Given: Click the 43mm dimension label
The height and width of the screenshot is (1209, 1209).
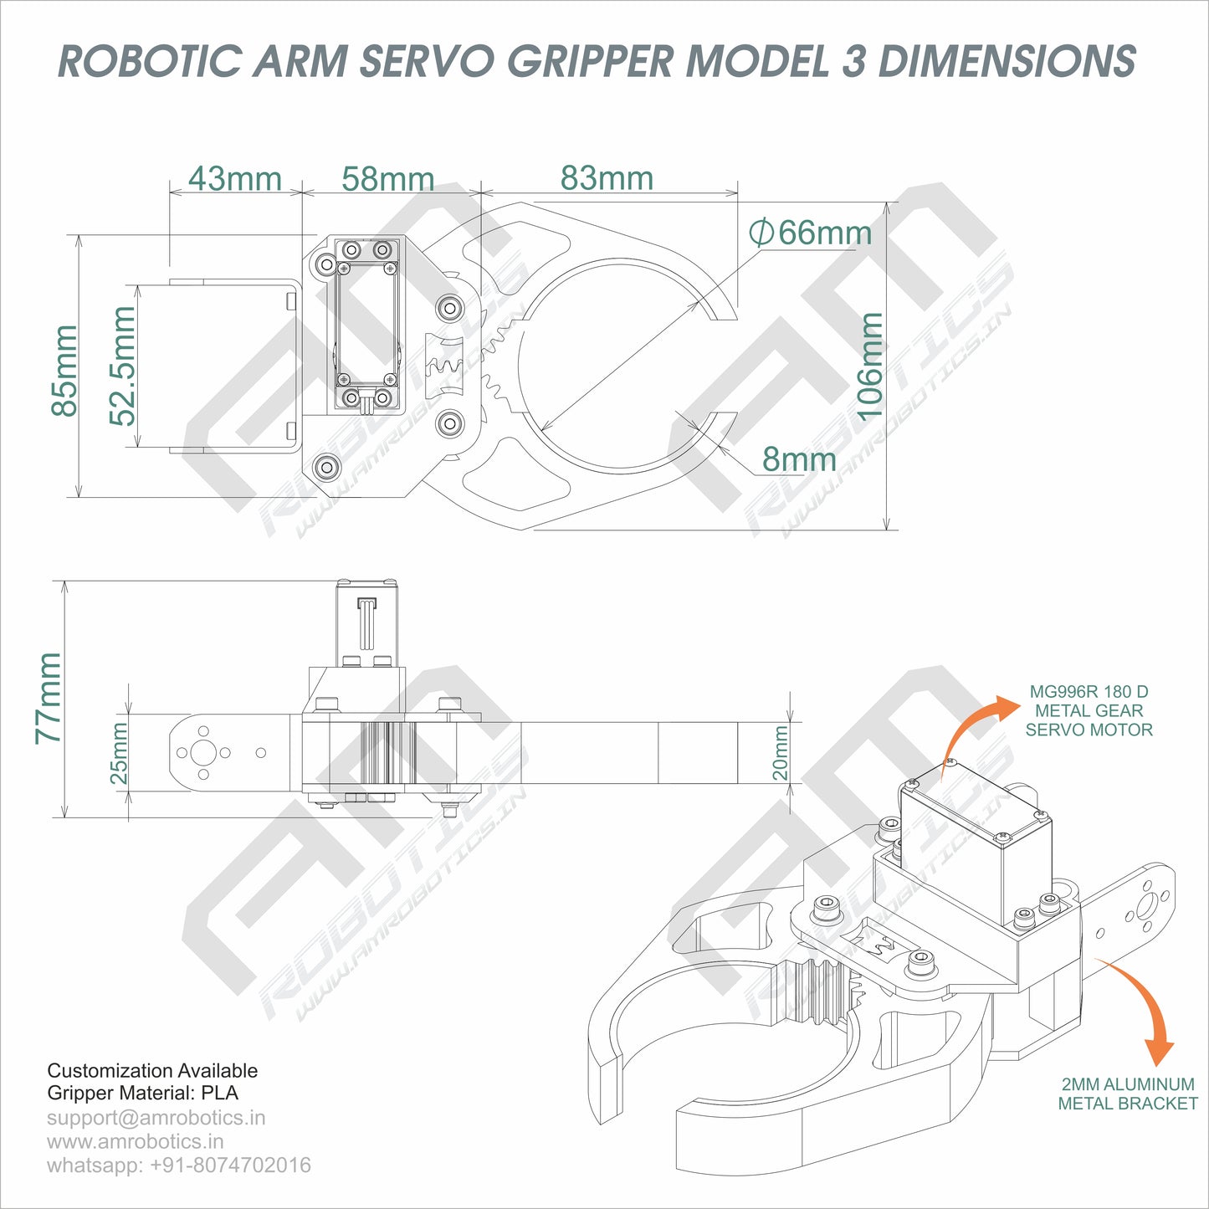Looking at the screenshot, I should pyautogui.click(x=234, y=178).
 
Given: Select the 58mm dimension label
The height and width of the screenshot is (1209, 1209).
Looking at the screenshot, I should pyautogui.click(x=388, y=178).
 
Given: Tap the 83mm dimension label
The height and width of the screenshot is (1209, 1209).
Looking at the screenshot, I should pyautogui.click(x=607, y=177).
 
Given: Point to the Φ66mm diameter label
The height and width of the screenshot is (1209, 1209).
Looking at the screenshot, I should pyautogui.click(x=810, y=232).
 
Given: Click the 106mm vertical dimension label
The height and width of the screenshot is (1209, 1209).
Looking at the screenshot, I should pyautogui.click(x=870, y=366).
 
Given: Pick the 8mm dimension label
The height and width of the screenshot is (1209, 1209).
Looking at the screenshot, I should pyautogui.click(x=799, y=459).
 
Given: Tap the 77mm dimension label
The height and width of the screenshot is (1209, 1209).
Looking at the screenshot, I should pyautogui.click(x=49, y=699).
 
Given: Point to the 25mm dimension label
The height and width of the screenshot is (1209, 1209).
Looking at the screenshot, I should pyautogui.click(x=120, y=753).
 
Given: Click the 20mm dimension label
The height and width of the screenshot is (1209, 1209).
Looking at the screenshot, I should pyautogui.click(x=780, y=753).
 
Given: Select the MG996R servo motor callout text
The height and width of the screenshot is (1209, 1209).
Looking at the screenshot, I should pyautogui.click(x=1089, y=710).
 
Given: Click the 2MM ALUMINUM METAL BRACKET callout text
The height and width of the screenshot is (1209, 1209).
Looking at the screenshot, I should pyautogui.click(x=1127, y=1094).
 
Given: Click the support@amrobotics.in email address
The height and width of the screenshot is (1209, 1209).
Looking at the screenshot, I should pyautogui.click(x=156, y=1118).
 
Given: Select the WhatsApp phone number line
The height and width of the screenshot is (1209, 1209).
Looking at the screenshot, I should pyautogui.click(x=178, y=1165).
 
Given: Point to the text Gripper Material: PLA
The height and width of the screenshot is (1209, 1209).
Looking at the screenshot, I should pyautogui.click(x=142, y=1093).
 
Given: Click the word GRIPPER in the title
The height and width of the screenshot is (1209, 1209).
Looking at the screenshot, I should pyautogui.click(x=590, y=61).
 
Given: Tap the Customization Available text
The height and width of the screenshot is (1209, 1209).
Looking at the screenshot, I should pyautogui.click(x=152, y=1070).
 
